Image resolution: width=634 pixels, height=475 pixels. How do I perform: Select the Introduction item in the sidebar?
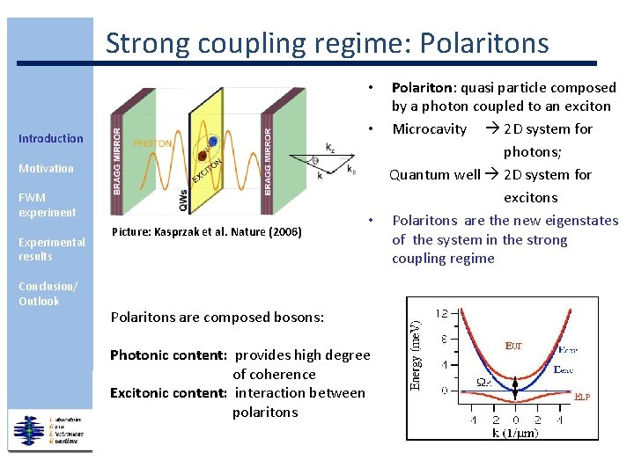click(51, 138)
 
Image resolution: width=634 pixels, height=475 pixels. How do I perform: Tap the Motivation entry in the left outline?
click(47, 168)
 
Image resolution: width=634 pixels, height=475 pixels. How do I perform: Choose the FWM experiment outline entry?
click(48, 205)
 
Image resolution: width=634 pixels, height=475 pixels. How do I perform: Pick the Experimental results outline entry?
click(52, 249)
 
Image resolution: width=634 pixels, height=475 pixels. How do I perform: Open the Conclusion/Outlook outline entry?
click(48, 294)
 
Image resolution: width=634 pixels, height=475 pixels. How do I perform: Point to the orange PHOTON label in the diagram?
click(152, 142)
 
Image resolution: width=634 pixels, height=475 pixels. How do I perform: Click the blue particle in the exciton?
click(211, 142)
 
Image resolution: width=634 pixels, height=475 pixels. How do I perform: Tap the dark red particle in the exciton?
click(203, 156)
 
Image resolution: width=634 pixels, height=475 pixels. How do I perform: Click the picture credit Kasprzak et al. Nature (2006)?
click(208, 231)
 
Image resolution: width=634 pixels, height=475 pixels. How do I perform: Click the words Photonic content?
click(169, 355)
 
